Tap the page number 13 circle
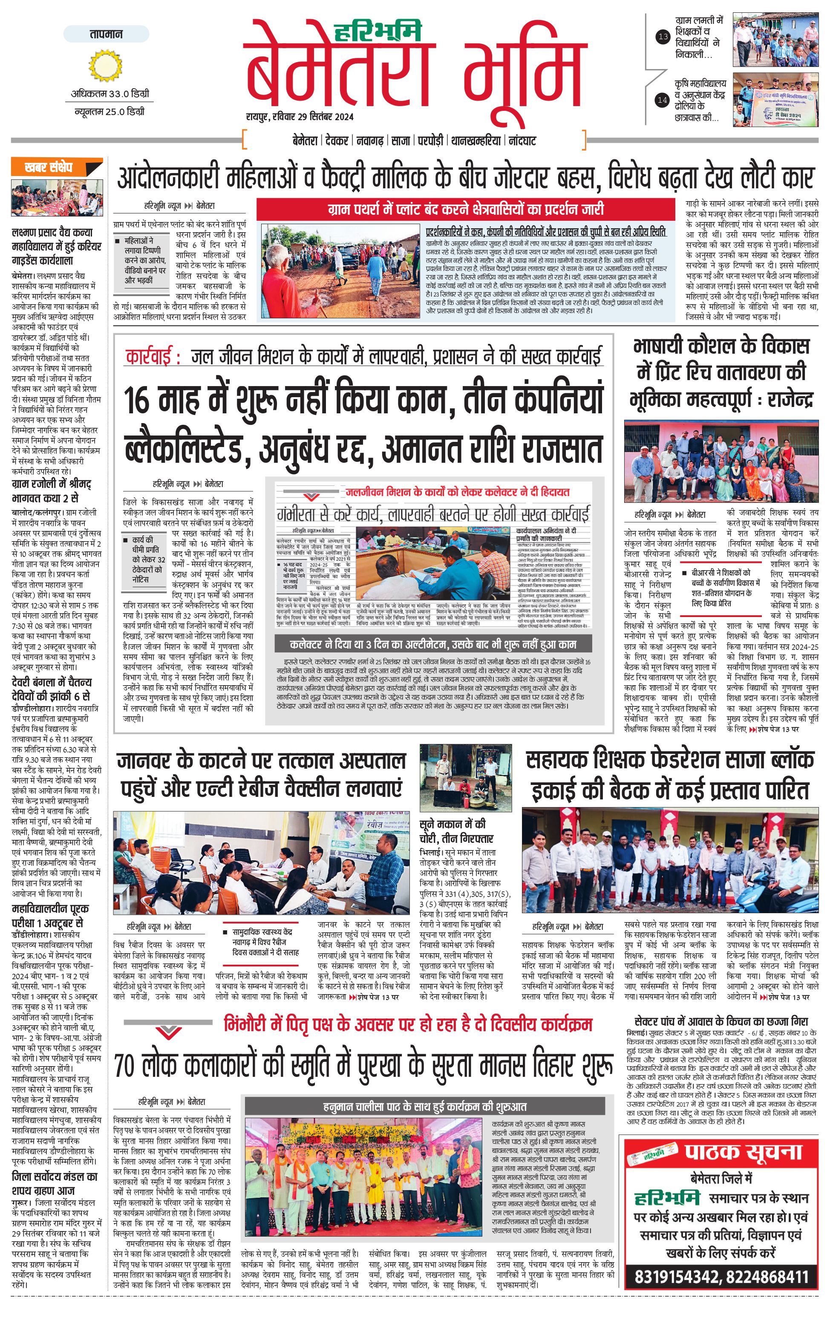pos(663,37)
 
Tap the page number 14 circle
pos(663,100)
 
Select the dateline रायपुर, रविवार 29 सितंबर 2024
pos(300,117)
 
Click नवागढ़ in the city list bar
pos(370,141)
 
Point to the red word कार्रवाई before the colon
pos(149,356)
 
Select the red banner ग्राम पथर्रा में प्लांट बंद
pos(466,209)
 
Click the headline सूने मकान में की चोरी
pos(456,831)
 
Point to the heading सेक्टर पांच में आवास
pos(720,1021)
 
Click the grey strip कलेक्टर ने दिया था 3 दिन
pos(433,644)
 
